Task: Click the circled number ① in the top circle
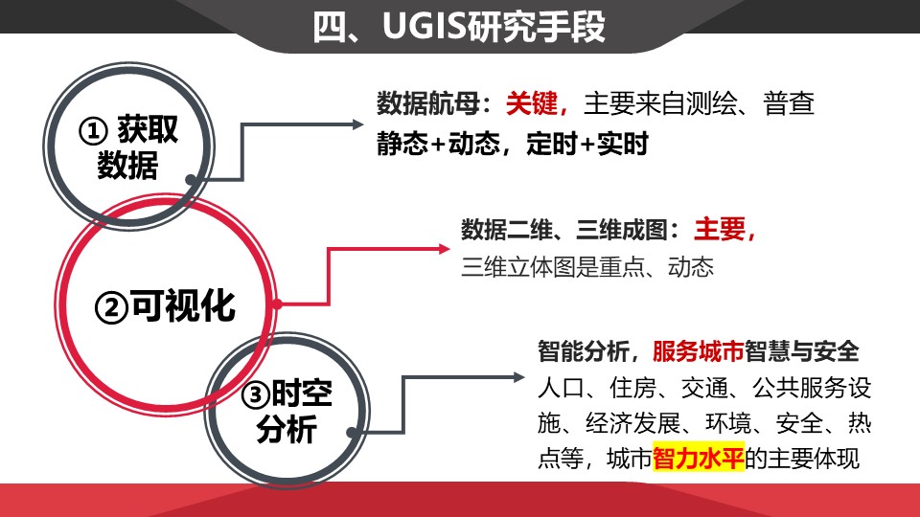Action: [92, 131]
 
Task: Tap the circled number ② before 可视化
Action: [111, 307]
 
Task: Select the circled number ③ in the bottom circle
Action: [256, 394]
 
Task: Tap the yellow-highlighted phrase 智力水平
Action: [699, 458]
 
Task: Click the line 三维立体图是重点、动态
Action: [587, 266]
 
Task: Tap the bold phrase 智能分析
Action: [581, 351]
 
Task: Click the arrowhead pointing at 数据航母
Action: [357, 124]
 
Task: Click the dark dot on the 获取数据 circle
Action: [192, 179]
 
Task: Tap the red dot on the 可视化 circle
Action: [277, 304]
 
